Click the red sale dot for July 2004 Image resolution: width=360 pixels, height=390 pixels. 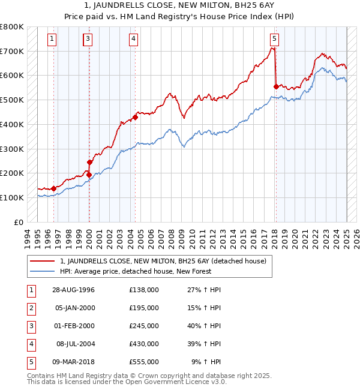click(135, 117)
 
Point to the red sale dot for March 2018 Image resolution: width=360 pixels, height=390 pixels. click(275, 86)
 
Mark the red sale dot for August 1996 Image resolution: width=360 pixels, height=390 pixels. click(54, 188)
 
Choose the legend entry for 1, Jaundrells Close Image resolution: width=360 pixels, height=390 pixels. click(166, 261)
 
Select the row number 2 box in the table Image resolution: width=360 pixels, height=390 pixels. click(30, 308)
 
